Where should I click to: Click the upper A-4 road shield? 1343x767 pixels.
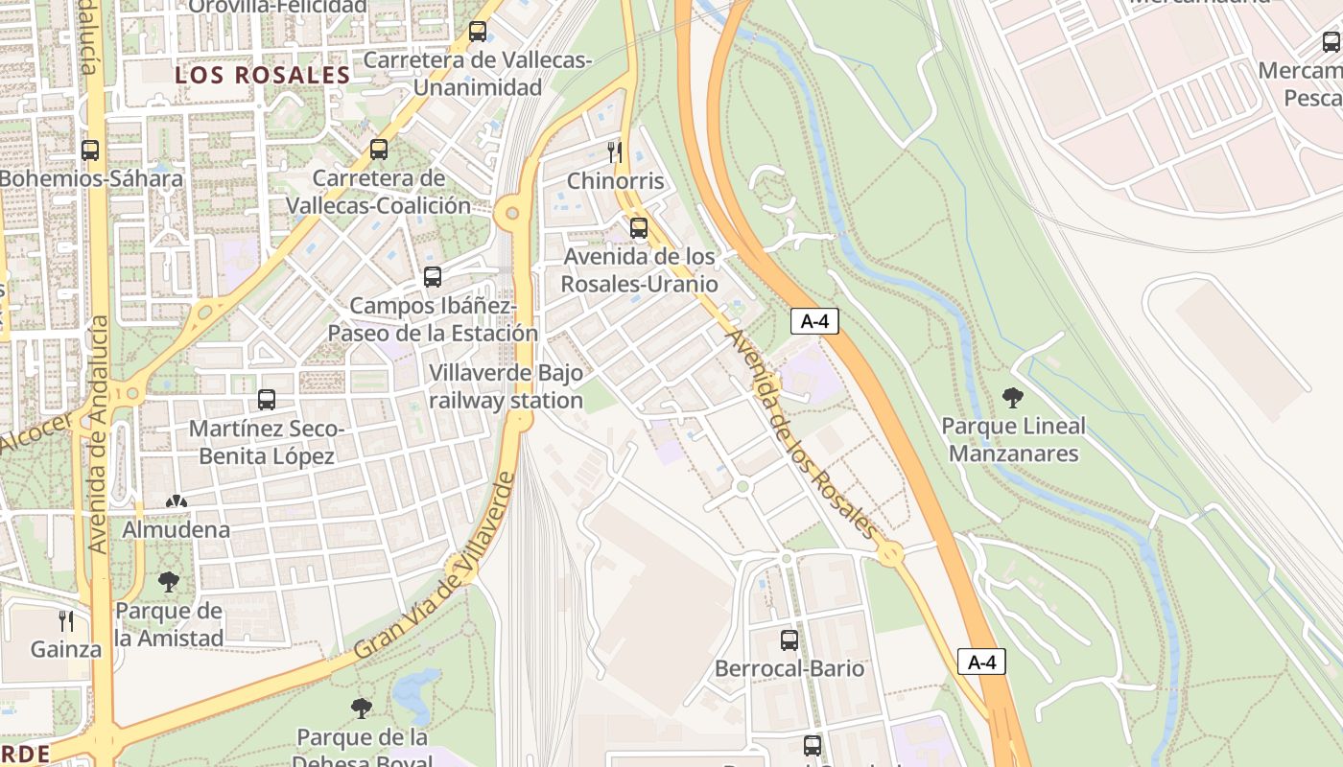coord(814,321)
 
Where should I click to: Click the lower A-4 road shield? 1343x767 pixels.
coord(981,662)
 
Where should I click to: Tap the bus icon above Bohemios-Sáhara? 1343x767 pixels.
coord(90,151)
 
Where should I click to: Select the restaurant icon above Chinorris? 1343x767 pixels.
coord(615,151)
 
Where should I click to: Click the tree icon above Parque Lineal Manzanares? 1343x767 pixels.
coord(1012,397)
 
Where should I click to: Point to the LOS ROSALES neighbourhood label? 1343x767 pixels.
coord(262,75)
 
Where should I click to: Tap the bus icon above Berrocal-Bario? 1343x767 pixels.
coord(789,639)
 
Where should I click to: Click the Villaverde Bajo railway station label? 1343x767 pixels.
coord(506,386)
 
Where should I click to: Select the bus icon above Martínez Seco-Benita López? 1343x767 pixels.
coord(267,400)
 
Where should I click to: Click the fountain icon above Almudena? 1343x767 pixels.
coord(177,500)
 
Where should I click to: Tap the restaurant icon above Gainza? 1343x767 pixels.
coord(65,620)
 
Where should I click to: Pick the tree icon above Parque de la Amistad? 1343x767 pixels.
coord(169,581)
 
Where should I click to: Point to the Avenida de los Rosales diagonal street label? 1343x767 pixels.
coord(801,434)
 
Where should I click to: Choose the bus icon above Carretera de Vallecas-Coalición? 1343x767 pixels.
coord(379,150)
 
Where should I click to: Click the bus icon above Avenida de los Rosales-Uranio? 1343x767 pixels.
coord(639,228)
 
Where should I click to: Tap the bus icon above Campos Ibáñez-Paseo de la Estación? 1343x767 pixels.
coord(433,277)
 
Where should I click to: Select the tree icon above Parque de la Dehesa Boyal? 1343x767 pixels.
coord(362,709)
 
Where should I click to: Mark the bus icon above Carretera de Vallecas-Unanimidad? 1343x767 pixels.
coord(477,32)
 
